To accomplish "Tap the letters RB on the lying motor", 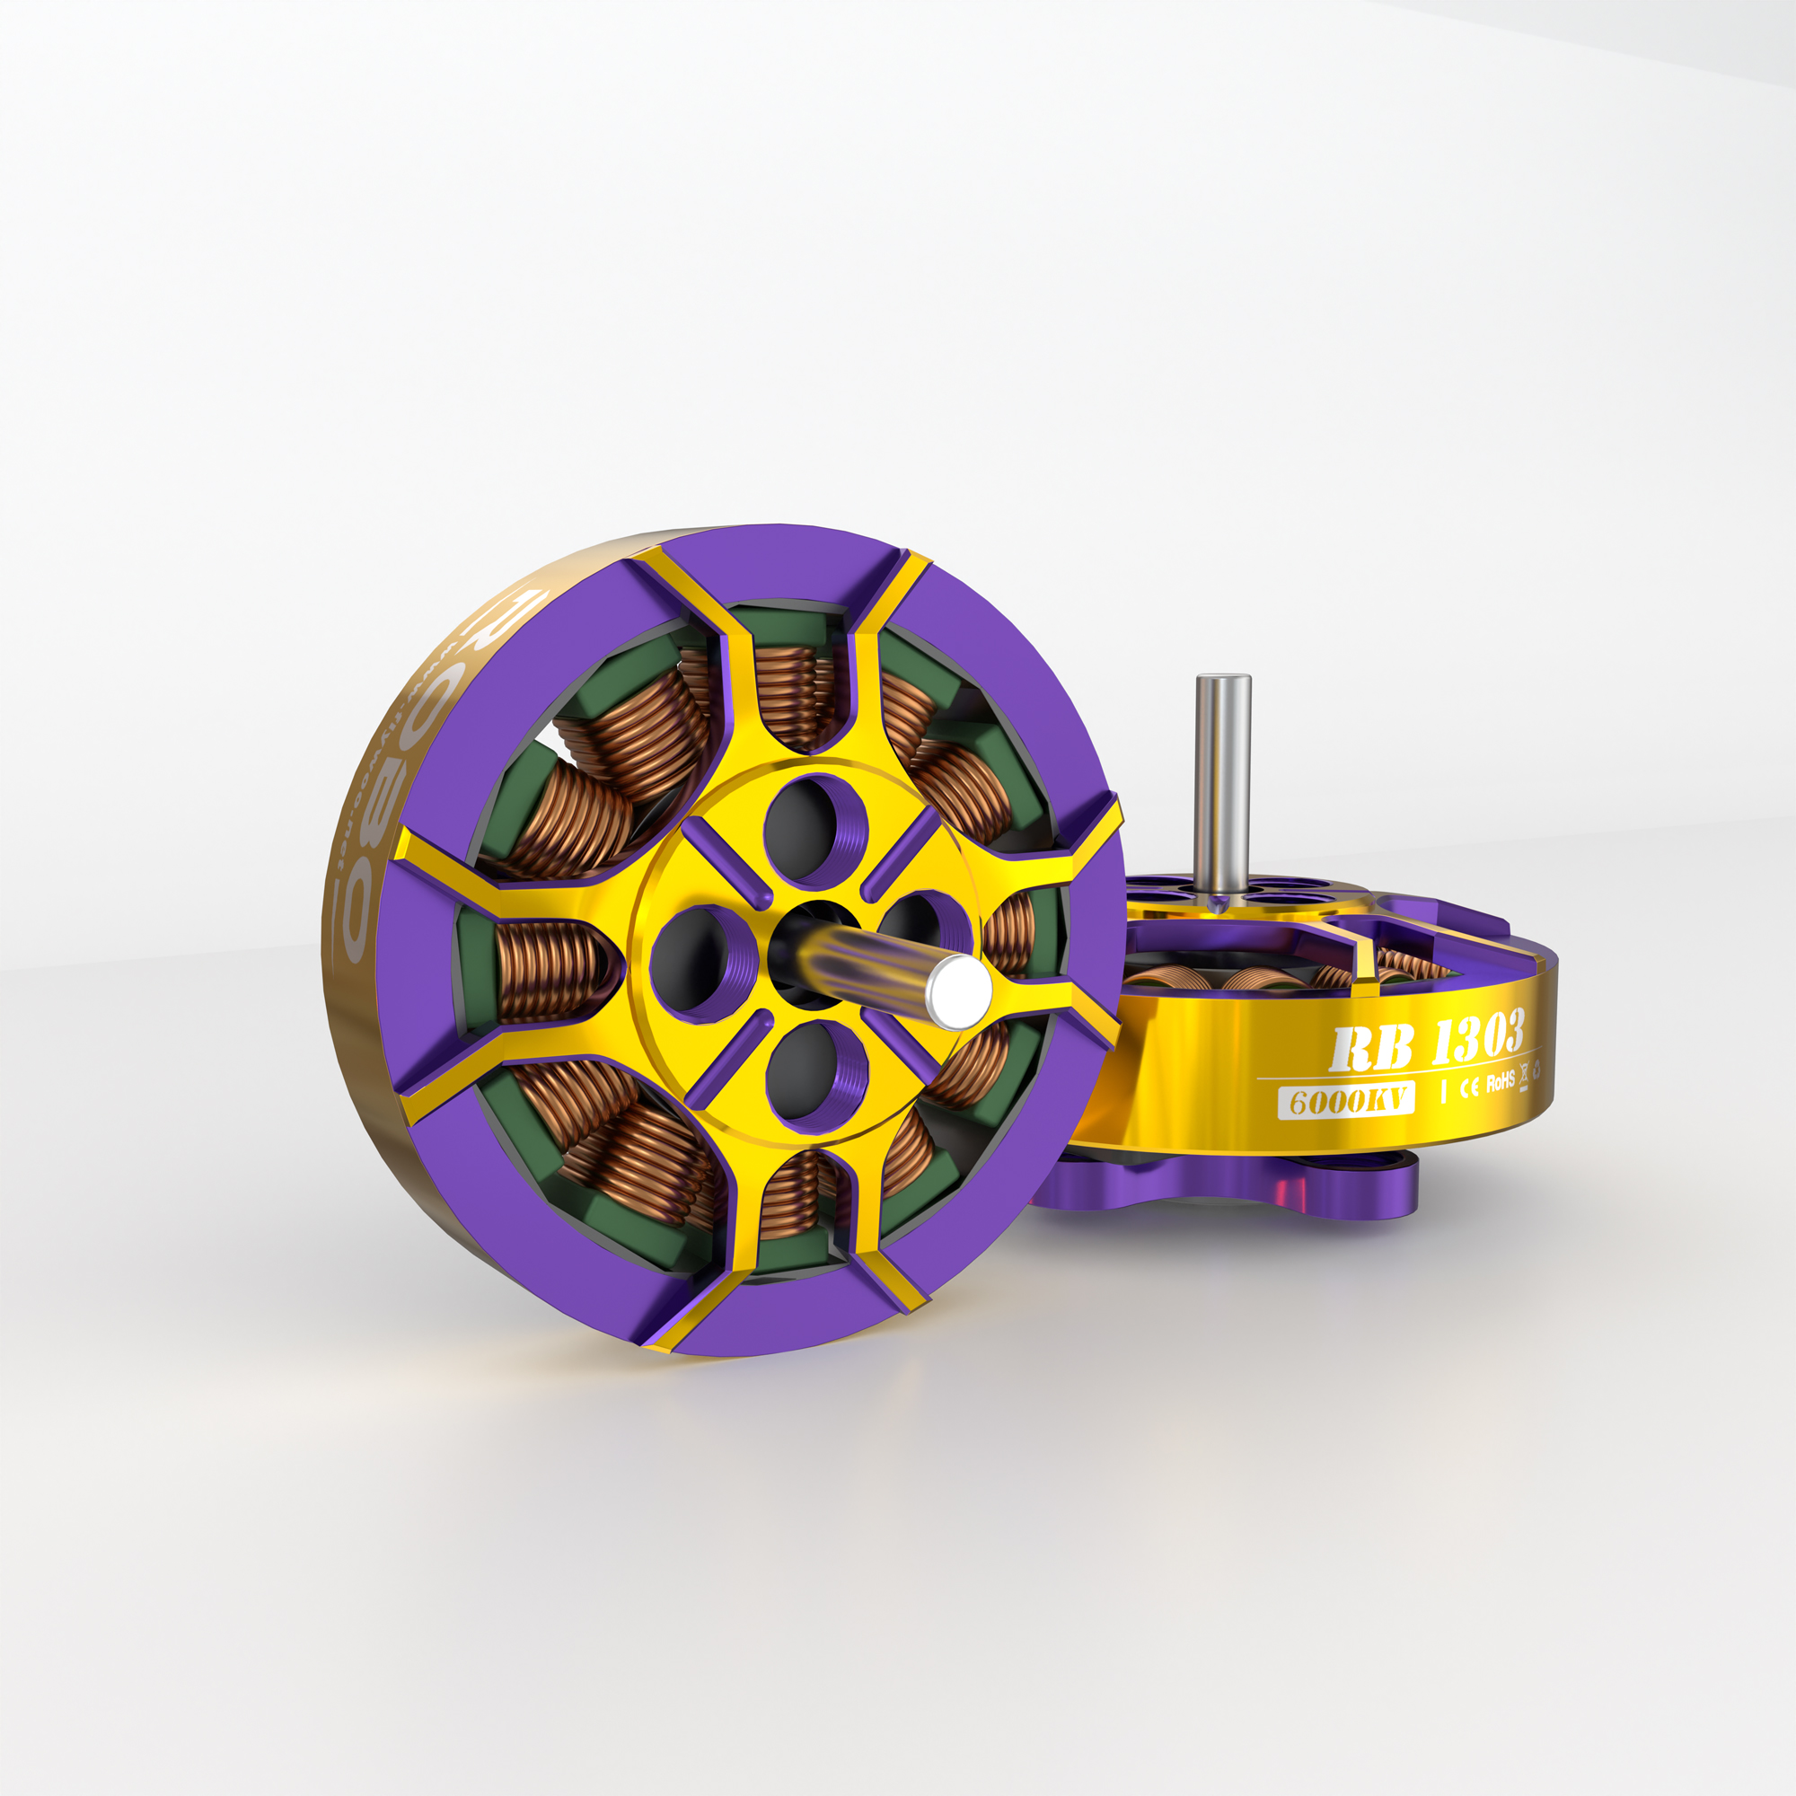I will tap(1371, 1050).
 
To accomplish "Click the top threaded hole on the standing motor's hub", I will tap(814, 828).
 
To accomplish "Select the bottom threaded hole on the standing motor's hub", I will tap(814, 1076).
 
